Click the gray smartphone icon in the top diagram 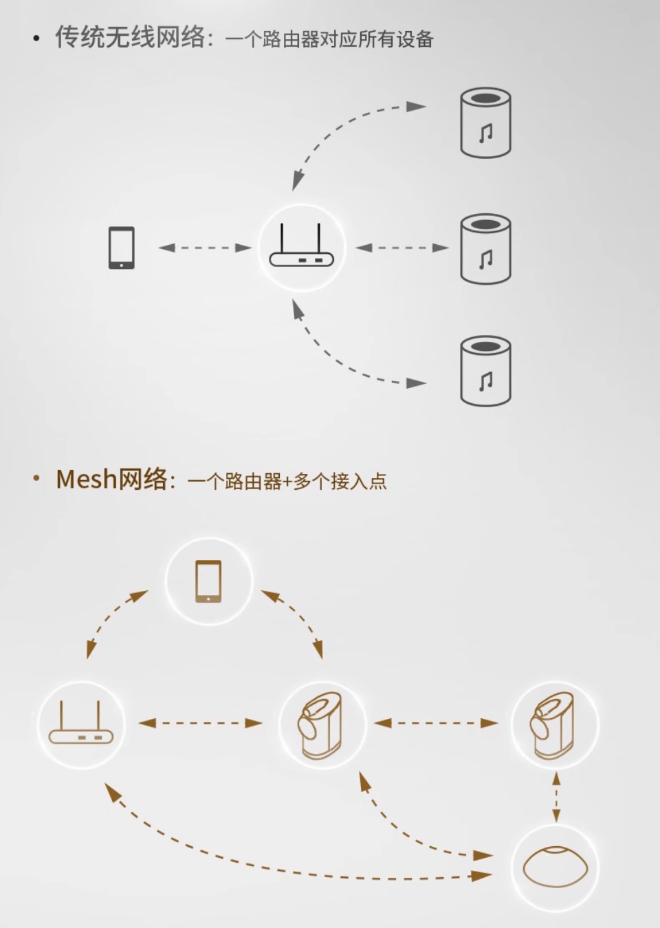click(x=122, y=248)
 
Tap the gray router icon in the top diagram click(x=301, y=248)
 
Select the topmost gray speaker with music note click(x=485, y=122)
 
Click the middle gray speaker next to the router click(x=485, y=248)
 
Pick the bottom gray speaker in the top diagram click(x=485, y=371)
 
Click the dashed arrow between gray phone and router click(x=205, y=248)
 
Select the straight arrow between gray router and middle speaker click(x=402, y=248)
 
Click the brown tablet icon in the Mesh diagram click(x=209, y=581)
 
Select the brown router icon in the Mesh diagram click(x=81, y=724)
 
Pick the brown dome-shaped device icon click(x=555, y=867)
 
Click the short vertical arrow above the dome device click(x=555, y=797)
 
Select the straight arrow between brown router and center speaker click(x=200, y=723)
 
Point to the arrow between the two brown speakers click(x=436, y=723)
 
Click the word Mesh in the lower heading click(x=86, y=479)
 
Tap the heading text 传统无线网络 click(x=129, y=38)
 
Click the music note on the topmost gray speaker click(x=486, y=131)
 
